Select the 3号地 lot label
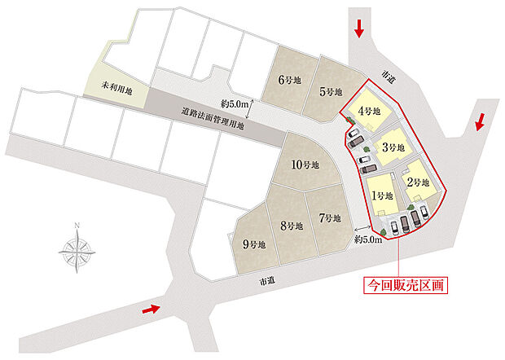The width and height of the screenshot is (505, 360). (393, 147)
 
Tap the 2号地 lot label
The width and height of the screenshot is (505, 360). (416, 183)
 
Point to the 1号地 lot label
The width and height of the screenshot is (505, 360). (382, 195)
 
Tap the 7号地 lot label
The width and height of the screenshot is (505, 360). (292, 226)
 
